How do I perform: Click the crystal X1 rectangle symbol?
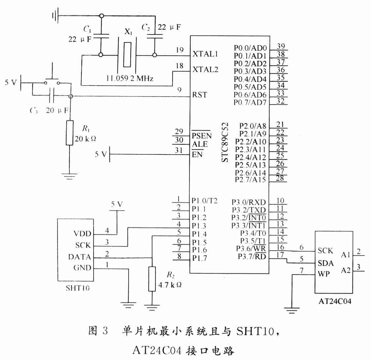(x=127, y=55)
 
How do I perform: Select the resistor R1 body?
(x=69, y=133)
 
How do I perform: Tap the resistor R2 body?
(x=152, y=279)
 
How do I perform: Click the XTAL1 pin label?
(x=205, y=54)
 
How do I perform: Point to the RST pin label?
(x=200, y=95)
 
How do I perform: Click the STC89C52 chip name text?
(x=225, y=142)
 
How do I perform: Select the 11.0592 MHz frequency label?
(x=130, y=78)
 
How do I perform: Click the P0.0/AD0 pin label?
(x=250, y=48)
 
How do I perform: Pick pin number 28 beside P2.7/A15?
(x=280, y=178)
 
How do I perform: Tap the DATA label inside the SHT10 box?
(x=79, y=257)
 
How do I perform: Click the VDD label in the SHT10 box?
(x=82, y=234)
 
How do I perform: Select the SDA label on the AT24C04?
(x=326, y=263)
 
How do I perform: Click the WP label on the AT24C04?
(x=324, y=274)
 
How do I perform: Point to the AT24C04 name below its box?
(x=335, y=301)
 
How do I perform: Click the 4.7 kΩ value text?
(x=170, y=285)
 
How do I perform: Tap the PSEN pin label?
(x=202, y=135)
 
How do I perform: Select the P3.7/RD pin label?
(x=252, y=257)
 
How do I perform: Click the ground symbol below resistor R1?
(x=69, y=177)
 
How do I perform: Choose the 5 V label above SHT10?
(x=117, y=204)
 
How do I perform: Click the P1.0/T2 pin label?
(x=204, y=201)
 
